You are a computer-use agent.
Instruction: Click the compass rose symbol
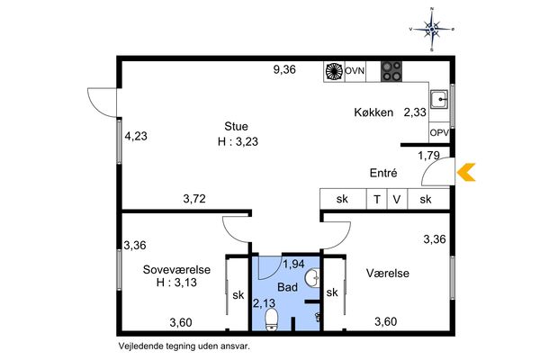click(x=432, y=30)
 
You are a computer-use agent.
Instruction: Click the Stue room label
click(x=236, y=126)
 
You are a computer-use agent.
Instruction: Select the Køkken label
click(x=373, y=112)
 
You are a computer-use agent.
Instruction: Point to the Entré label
click(x=383, y=173)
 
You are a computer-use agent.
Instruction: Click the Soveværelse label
click(x=176, y=269)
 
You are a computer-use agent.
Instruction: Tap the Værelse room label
click(x=388, y=274)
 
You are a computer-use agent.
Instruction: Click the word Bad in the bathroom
click(x=288, y=287)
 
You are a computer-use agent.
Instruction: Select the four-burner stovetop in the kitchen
click(x=391, y=71)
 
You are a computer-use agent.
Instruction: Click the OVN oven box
click(x=355, y=71)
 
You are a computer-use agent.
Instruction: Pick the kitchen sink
click(x=439, y=100)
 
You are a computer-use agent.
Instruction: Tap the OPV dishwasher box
click(x=439, y=132)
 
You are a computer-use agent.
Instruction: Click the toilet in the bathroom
click(x=272, y=319)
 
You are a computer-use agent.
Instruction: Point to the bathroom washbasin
click(x=312, y=277)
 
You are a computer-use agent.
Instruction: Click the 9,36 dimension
click(x=284, y=69)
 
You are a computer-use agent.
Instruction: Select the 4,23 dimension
click(x=136, y=136)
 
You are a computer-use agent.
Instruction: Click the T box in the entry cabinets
click(x=377, y=199)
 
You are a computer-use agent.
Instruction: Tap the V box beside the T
click(x=398, y=199)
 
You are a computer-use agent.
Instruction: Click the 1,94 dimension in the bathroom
click(x=293, y=264)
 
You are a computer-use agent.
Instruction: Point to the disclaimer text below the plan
click(x=184, y=346)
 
